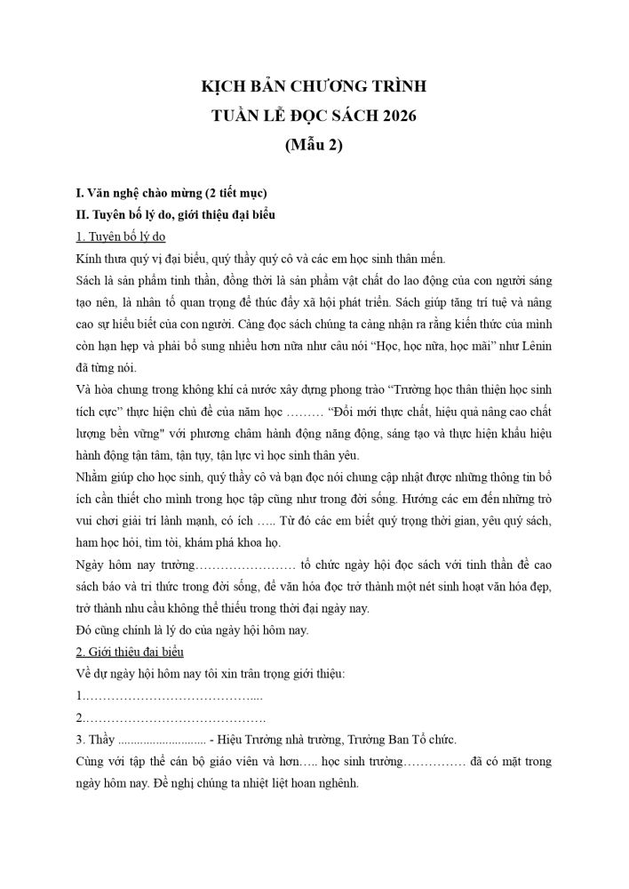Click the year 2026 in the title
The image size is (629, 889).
(x=397, y=116)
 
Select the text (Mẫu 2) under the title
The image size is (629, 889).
(x=314, y=145)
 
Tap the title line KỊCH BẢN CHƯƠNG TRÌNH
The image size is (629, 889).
(x=314, y=87)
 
